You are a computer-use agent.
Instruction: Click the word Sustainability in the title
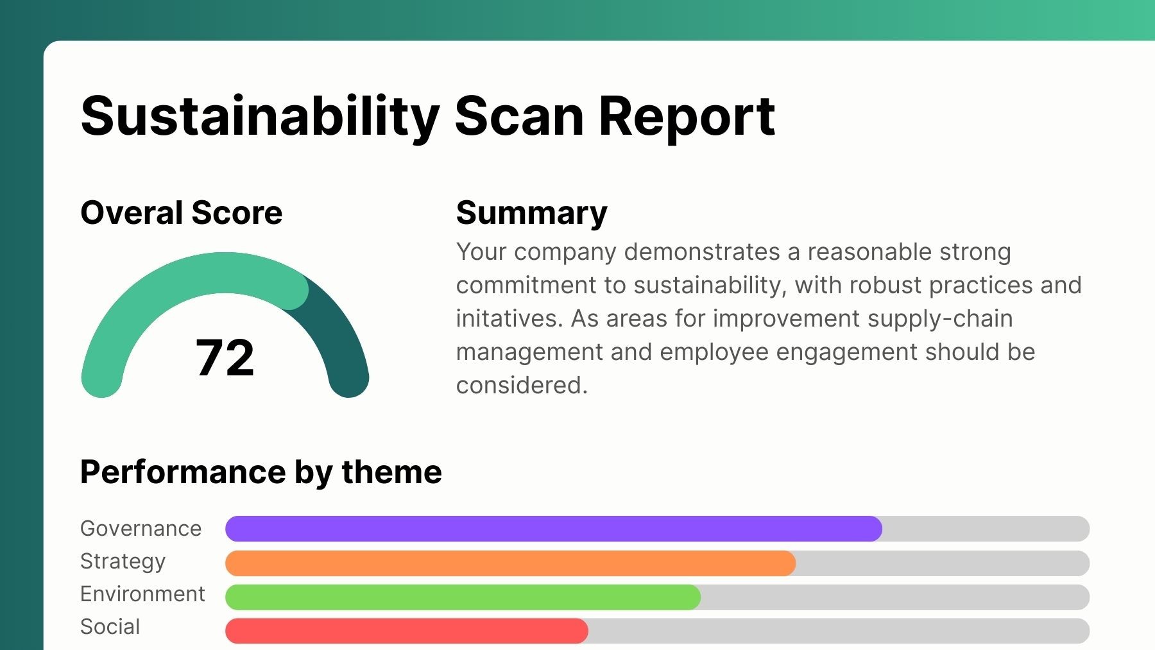pyautogui.click(x=260, y=117)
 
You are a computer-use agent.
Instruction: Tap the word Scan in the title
pyautogui.click(x=519, y=117)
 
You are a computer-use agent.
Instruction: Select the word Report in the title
pyautogui.click(x=687, y=117)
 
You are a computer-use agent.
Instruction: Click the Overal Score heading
pyautogui.click(x=182, y=213)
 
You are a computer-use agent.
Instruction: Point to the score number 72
pyautogui.click(x=225, y=357)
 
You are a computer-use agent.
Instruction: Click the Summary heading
pyautogui.click(x=531, y=213)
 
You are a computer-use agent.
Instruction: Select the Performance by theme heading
pyautogui.click(x=261, y=472)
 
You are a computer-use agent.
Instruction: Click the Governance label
pyautogui.click(x=141, y=528)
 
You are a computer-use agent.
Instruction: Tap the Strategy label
pyautogui.click(x=123, y=561)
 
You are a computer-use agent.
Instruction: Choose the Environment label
pyautogui.click(x=142, y=594)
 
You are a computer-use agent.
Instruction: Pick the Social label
pyautogui.click(x=110, y=627)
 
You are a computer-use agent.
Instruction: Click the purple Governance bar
pyautogui.click(x=553, y=529)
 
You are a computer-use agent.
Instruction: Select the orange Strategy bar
pyautogui.click(x=510, y=563)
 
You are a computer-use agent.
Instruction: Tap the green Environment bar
pyautogui.click(x=463, y=597)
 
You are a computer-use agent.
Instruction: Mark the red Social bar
pyautogui.click(x=406, y=631)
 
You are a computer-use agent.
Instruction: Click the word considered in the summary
pyautogui.click(x=522, y=386)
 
